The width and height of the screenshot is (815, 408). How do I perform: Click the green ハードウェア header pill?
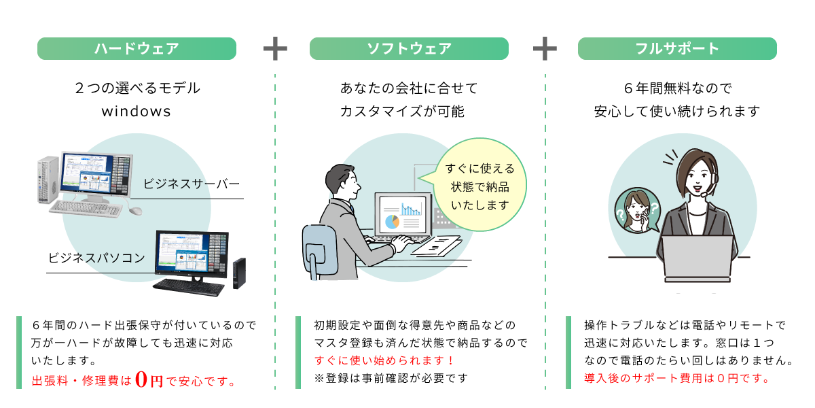pyautogui.click(x=137, y=48)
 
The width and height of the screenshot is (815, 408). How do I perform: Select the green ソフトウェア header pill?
pyautogui.click(x=409, y=48)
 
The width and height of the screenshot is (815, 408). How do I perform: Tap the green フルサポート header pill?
pyautogui.click(x=677, y=48)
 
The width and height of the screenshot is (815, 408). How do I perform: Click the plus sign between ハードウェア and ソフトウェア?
pyautogui.click(x=275, y=49)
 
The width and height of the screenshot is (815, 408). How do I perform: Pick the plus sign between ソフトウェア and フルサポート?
pyautogui.click(x=545, y=49)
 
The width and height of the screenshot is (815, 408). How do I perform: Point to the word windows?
pyautogui.click(x=137, y=111)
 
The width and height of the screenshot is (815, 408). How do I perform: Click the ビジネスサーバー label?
pyautogui.click(x=192, y=184)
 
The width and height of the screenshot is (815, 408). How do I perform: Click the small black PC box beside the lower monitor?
pyautogui.click(x=239, y=273)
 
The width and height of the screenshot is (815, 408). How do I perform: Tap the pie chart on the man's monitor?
pyautogui.click(x=392, y=221)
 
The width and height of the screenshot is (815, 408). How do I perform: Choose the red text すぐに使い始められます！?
pyautogui.click(x=384, y=360)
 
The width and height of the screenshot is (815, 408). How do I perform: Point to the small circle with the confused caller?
pyautogui.click(x=637, y=211)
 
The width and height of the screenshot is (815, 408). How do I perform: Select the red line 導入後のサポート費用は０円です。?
pyautogui.click(x=677, y=378)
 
